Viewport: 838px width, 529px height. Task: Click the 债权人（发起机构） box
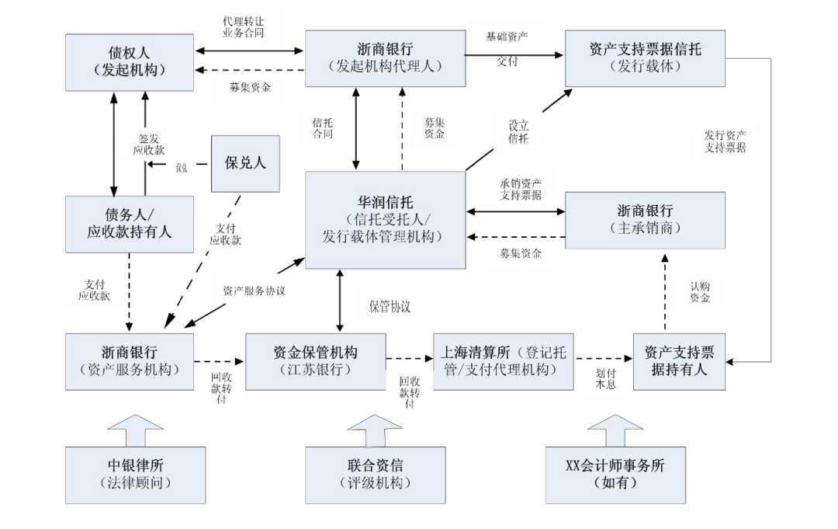click(x=130, y=61)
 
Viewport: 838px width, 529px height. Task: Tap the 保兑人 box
click(x=245, y=163)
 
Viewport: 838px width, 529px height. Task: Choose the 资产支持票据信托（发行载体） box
click(x=645, y=58)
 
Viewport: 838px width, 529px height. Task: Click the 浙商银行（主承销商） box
click(x=645, y=220)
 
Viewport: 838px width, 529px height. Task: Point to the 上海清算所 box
click(x=500, y=361)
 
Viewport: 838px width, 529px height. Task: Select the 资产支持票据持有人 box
click(x=679, y=361)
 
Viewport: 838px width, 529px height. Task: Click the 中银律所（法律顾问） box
click(x=130, y=474)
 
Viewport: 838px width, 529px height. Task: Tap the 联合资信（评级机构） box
click(x=375, y=474)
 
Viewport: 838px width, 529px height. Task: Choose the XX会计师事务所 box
click(x=615, y=474)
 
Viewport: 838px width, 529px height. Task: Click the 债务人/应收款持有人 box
click(x=130, y=224)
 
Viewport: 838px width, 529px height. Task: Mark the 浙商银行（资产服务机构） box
click(x=130, y=361)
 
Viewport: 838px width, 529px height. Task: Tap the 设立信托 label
click(x=518, y=132)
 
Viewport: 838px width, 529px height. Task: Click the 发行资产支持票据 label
click(x=725, y=141)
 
